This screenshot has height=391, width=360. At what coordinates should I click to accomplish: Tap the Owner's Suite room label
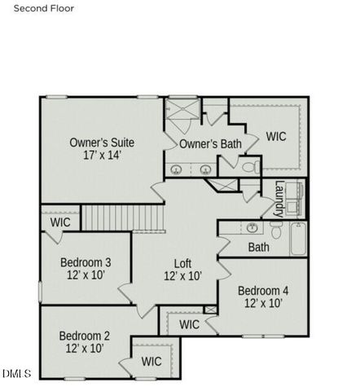click(x=102, y=143)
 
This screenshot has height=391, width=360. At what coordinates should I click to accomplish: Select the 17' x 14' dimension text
click(x=102, y=155)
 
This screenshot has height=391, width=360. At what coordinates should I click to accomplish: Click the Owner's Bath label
click(x=210, y=144)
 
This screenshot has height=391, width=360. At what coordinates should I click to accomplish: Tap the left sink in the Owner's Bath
click(x=178, y=169)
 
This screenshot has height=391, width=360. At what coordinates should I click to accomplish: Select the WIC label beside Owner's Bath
click(x=276, y=137)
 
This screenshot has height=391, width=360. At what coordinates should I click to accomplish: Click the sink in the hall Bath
click(x=252, y=227)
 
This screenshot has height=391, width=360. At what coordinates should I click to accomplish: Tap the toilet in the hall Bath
click(x=274, y=231)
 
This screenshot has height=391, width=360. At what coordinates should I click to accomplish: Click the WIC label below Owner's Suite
click(x=60, y=222)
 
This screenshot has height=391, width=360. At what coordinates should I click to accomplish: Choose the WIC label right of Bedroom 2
click(x=151, y=361)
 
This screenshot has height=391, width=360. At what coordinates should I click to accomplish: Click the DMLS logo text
click(x=16, y=374)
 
